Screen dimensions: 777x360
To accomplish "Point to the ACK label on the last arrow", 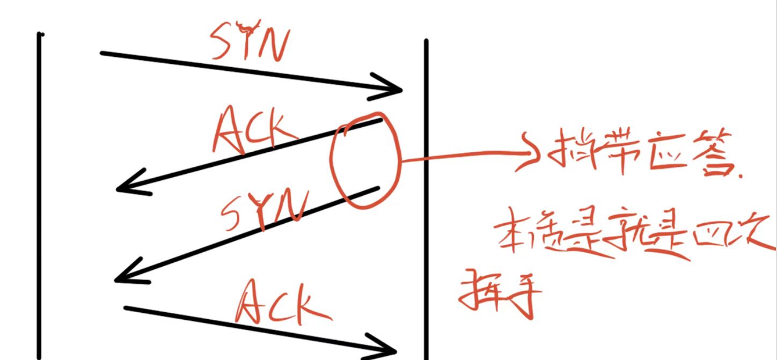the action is (281, 306).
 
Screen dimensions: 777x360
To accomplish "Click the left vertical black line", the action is (39, 193).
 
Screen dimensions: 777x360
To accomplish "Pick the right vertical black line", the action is (426, 199).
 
